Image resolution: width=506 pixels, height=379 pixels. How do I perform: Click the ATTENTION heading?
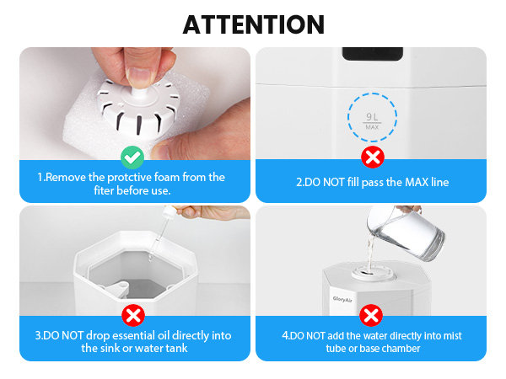click(253, 24)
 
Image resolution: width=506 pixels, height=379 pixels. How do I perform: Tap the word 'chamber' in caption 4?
click(400, 348)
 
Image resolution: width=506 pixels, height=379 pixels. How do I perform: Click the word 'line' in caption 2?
click(437, 183)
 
